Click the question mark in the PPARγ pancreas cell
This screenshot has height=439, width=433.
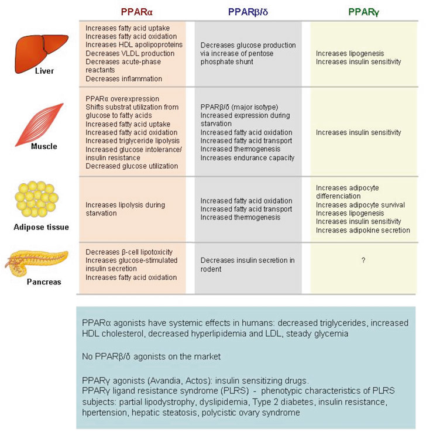click(x=363, y=260)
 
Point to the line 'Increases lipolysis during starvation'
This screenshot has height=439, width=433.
click(x=125, y=209)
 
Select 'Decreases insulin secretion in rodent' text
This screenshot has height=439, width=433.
click(x=248, y=265)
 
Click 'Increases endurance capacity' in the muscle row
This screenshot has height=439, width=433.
click(x=248, y=157)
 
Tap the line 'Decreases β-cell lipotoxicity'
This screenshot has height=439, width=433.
click(x=129, y=252)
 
